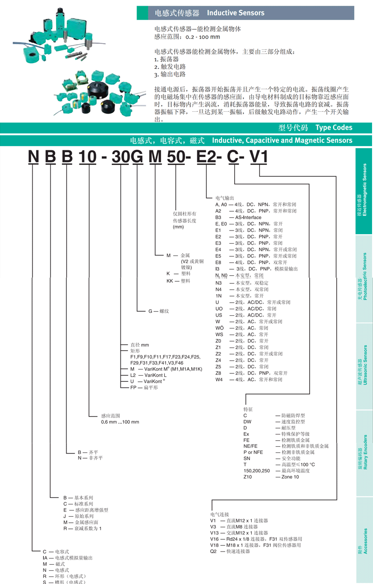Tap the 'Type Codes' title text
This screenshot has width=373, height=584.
(x=334, y=127)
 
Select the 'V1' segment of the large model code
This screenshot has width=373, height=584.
(x=259, y=156)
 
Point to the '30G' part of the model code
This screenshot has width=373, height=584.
(x=127, y=156)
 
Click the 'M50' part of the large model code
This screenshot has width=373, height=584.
(x=166, y=156)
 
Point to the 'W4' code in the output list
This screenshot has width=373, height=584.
(x=219, y=379)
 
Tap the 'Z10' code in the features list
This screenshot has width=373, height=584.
(x=248, y=477)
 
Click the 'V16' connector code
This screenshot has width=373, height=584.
(x=215, y=539)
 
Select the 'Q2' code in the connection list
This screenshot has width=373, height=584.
(x=213, y=551)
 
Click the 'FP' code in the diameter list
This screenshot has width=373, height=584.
(x=134, y=387)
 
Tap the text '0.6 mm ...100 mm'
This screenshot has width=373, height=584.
(x=120, y=422)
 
